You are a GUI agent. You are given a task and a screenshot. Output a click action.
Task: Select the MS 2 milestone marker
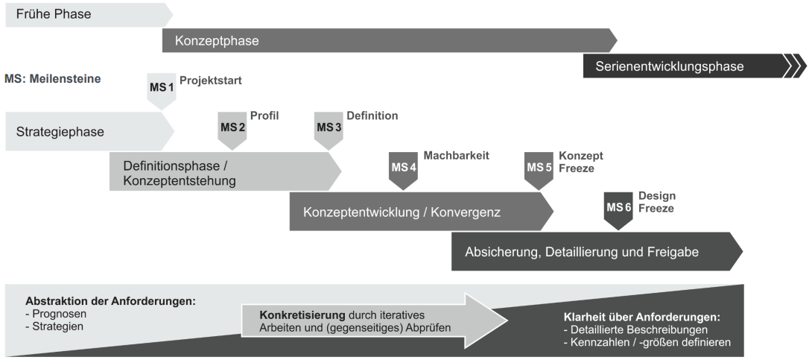pos(232,128)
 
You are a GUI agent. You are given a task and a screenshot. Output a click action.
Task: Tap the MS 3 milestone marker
pos(329,128)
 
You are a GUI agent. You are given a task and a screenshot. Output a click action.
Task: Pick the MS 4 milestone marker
pos(403,168)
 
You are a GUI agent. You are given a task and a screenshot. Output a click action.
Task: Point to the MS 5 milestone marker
pos(539,168)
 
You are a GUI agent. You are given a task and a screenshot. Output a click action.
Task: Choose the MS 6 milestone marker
pos(618,207)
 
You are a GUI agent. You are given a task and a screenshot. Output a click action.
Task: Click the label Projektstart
pos(211,80)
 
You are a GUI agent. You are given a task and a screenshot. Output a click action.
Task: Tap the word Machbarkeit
pos(456,155)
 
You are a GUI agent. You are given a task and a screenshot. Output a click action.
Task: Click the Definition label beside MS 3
pos(372,116)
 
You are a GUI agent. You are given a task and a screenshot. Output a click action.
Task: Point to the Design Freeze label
pos(656,202)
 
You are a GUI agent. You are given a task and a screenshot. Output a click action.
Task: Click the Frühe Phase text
pos(53,14)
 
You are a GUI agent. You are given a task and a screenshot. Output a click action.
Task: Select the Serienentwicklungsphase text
pos(669,66)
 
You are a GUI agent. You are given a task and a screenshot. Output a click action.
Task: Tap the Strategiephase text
pos(60,132)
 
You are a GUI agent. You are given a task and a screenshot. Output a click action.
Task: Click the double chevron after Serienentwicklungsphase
pos(794,66)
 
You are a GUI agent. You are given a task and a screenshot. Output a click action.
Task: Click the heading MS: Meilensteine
pos(52,78)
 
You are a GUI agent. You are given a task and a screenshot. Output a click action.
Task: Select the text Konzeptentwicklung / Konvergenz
pos(402,212)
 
